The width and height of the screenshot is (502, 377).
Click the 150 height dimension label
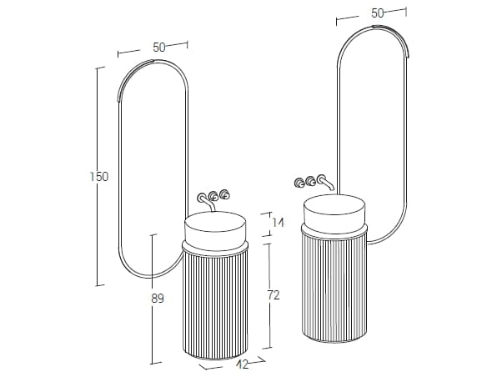[x=99, y=177]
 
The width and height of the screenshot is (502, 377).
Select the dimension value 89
[x=158, y=299]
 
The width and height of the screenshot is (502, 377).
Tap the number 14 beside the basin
[x=278, y=222]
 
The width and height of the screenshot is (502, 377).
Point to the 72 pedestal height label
[x=274, y=295]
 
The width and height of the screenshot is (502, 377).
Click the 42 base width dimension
[x=243, y=364]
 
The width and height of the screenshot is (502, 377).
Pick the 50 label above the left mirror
[x=158, y=48]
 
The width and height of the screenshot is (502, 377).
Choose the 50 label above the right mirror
[x=378, y=13]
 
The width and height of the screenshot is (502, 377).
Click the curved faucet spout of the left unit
[x=206, y=203]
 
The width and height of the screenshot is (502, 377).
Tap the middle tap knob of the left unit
[x=213, y=196]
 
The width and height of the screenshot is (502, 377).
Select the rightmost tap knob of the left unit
[x=225, y=194]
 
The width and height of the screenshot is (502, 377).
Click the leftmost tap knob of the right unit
[x=299, y=183]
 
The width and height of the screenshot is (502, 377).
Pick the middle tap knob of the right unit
[x=310, y=182]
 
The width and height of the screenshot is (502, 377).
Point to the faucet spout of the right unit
[x=326, y=182]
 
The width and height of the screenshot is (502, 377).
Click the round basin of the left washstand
[x=215, y=231]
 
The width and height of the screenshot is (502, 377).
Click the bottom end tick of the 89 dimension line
[x=156, y=363]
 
